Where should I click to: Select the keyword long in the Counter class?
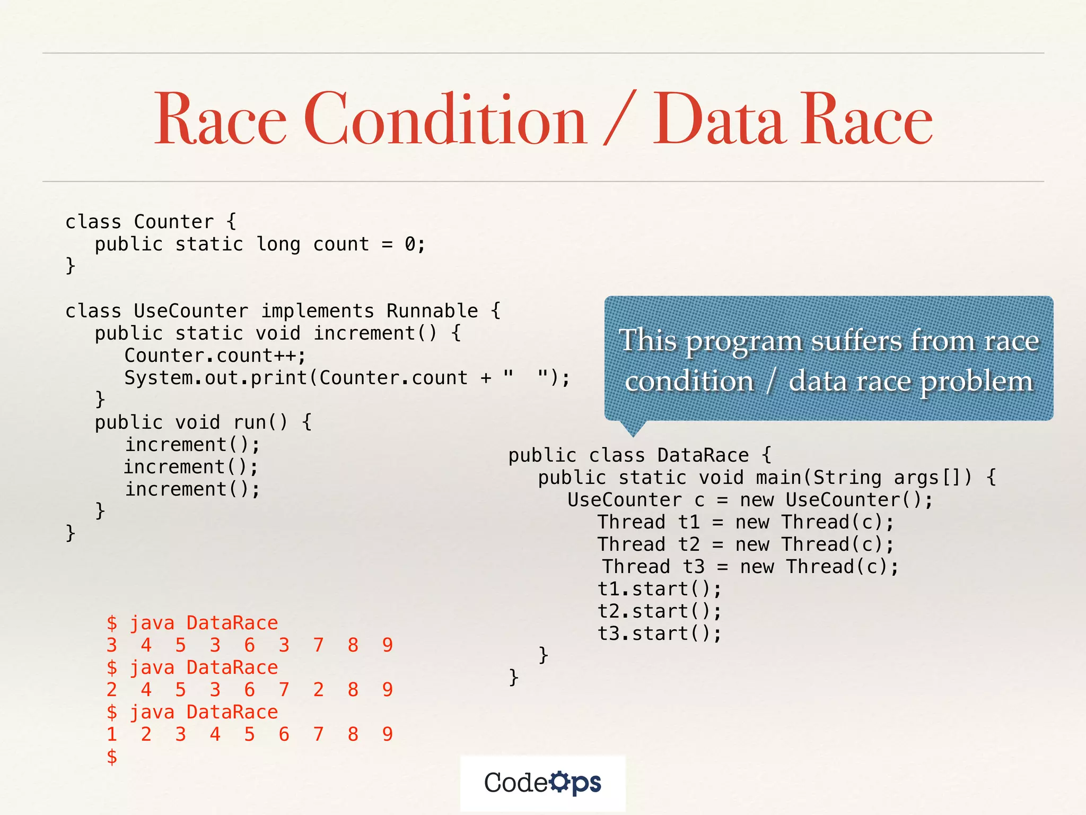pos(278,244)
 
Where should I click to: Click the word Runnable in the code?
pos(432,311)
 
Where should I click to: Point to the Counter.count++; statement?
pos(215,356)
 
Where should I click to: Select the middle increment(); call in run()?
pos(191,467)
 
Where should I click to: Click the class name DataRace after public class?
pos(703,455)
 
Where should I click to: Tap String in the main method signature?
pos(847,478)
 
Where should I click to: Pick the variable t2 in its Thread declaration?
pos(689,544)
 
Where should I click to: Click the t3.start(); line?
pos(659,634)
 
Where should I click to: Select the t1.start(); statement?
pos(659,589)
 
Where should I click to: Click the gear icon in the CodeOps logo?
pos(559,782)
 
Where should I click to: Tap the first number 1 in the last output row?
pos(111,734)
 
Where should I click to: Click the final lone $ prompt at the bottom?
pos(111,757)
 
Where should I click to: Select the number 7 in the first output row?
pos(318,645)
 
